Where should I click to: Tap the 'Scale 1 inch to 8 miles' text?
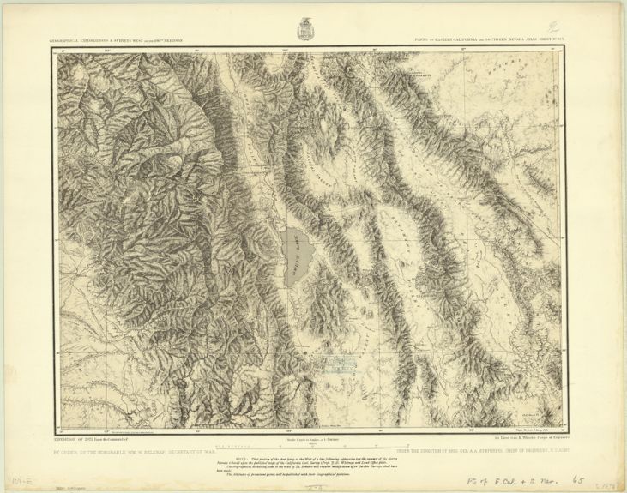click(305, 439)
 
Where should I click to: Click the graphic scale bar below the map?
click(305, 446)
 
